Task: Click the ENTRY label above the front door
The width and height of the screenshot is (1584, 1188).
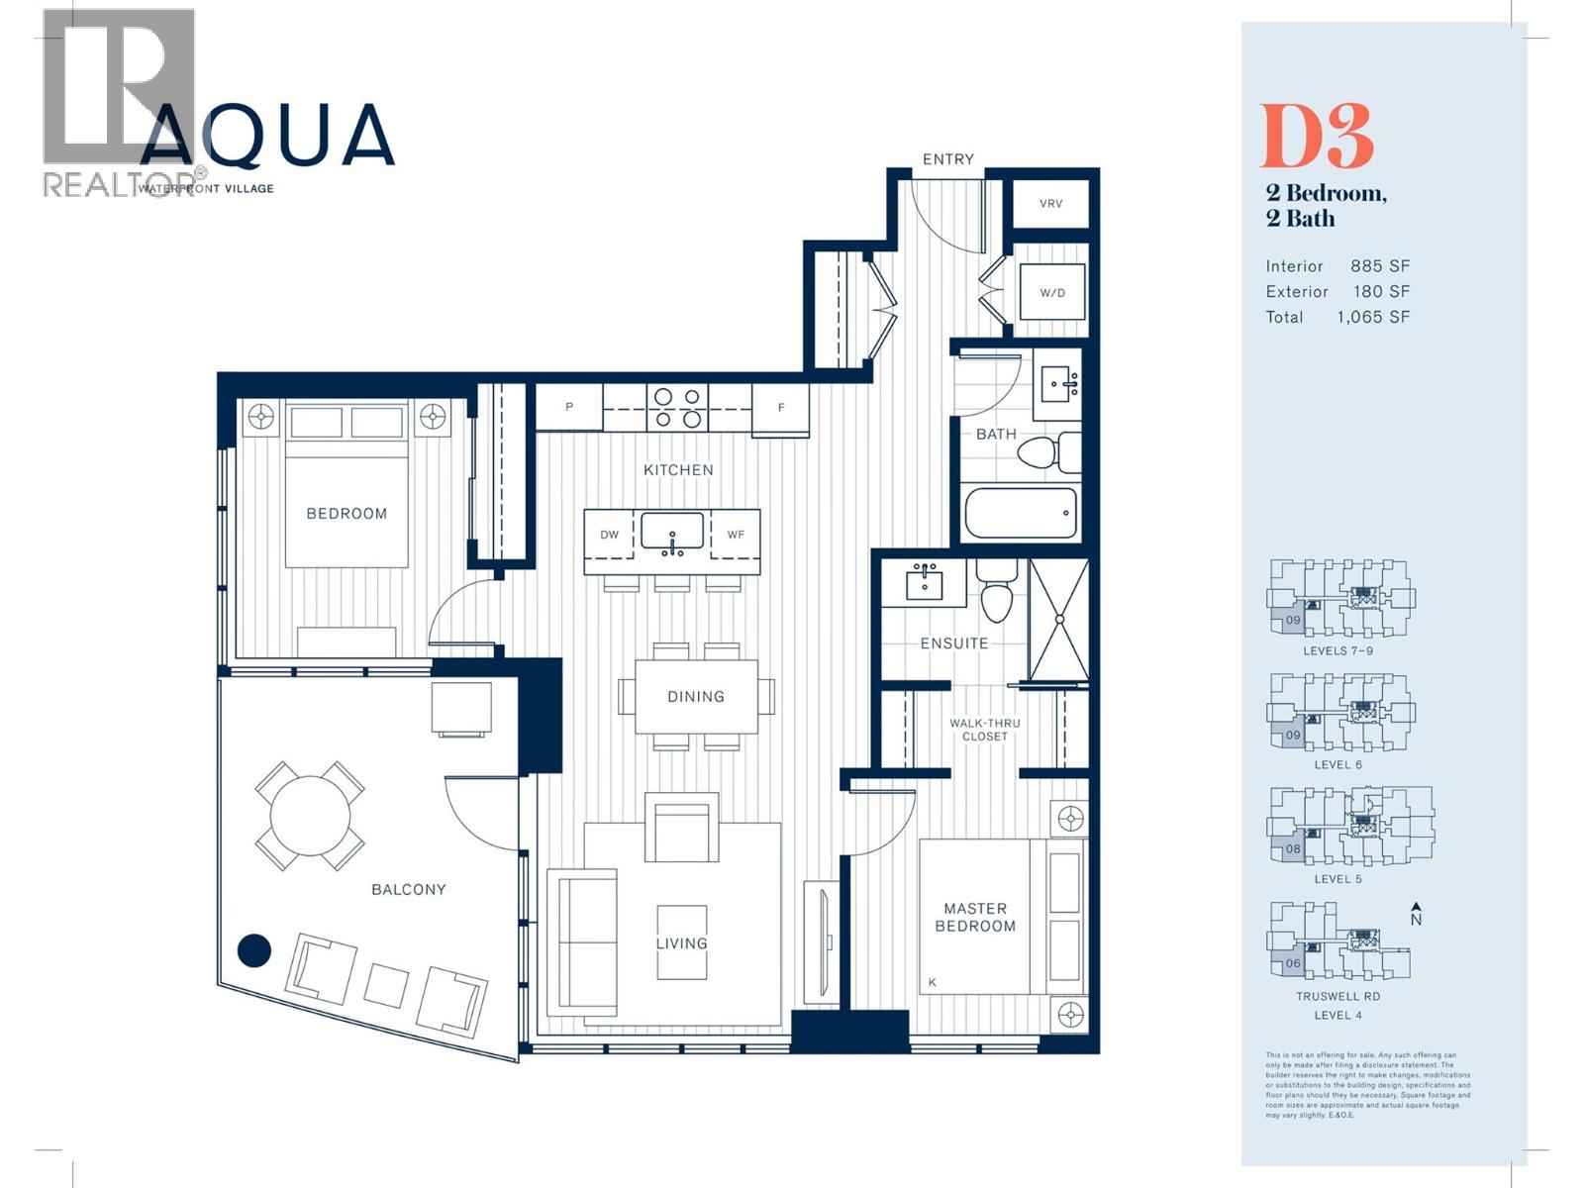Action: pos(947,159)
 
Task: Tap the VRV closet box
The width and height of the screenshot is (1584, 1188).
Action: pos(1050,204)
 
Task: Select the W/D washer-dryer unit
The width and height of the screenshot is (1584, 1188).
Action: pos(1052,292)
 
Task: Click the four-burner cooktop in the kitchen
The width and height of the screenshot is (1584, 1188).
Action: pos(678,408)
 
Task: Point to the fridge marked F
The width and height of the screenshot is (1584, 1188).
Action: pos(781,408)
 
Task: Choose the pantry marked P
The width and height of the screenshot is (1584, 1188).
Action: pos(569,407)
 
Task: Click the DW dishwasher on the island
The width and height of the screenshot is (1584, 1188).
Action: pos(610,535)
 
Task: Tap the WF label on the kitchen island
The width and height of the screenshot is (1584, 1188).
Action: pos(736,535)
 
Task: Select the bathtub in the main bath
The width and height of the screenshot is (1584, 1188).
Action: pos(1021,513)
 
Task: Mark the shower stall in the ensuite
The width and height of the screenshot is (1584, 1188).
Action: pos(1058,620)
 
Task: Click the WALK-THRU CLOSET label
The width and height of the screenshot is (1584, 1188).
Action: pos(984,730)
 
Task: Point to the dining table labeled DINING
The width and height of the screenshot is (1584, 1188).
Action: pos(696,697)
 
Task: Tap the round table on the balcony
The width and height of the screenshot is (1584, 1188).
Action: pos(310,816)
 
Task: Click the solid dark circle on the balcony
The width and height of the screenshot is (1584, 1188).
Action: pos(254,950)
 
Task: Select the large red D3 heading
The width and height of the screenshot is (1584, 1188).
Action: pos(1316,138)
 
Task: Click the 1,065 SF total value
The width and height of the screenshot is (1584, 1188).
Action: pos(1373,318)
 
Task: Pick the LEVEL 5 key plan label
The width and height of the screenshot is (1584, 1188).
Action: pos(1337,879)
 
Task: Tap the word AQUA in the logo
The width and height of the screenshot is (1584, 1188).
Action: pos(267,136)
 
